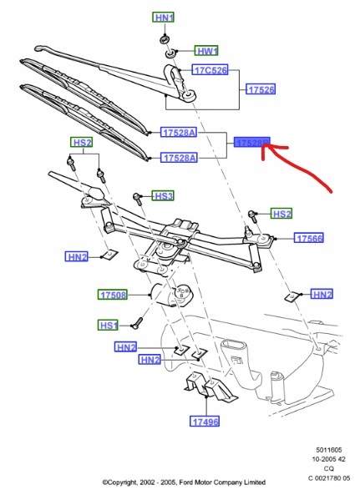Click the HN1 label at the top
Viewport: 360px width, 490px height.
(x=165, y=18)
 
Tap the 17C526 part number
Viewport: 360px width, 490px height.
(x=211, y=70)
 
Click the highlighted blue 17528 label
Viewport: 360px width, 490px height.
(x=252, y=144)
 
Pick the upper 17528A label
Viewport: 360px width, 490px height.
(x=180, y=131)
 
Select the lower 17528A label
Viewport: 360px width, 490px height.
(x=180, y=157)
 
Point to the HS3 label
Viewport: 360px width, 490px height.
(x=163, y=196)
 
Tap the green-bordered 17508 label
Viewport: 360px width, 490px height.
(x=114, y=295)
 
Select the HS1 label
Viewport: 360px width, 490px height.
(x=109, y=324)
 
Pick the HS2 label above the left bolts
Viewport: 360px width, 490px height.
(x=82, y=143)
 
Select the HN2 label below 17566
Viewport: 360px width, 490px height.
(x=322, y=294)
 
